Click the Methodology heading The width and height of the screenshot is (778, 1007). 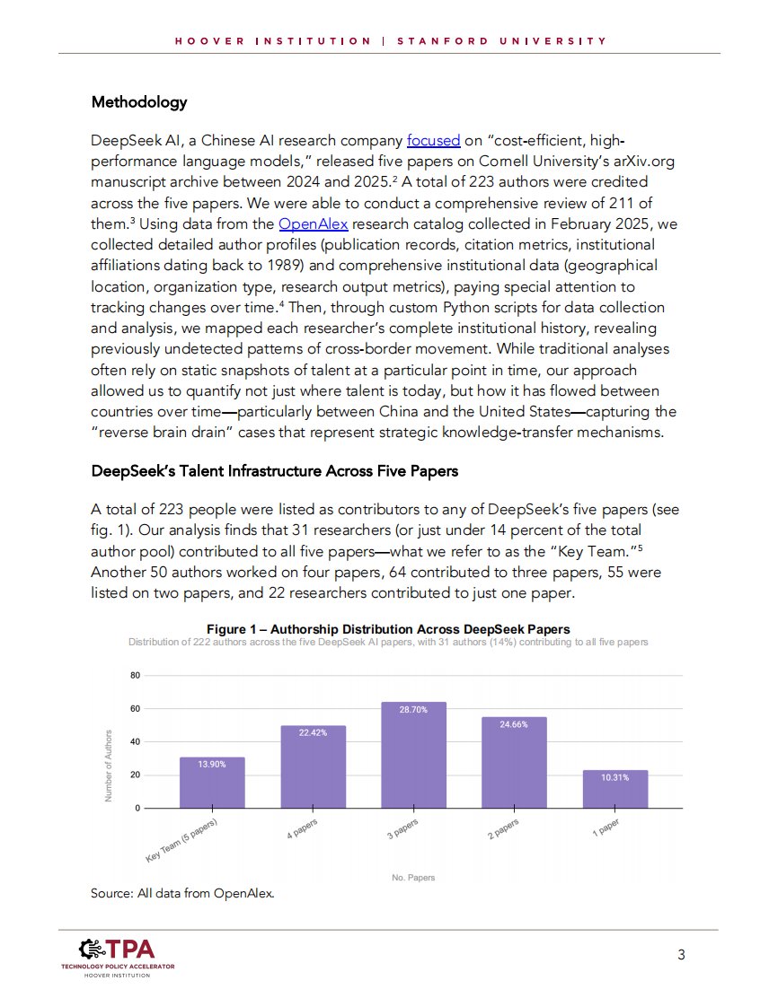point(139,102)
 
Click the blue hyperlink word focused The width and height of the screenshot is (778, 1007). point(433,141)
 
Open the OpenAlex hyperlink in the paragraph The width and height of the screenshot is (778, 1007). point(314,223)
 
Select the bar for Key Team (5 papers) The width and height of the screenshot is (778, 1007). point(212,783)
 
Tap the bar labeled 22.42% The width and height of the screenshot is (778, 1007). point(314,767)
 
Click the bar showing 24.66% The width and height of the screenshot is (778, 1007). point(515,763)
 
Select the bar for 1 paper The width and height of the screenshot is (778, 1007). point(615,789)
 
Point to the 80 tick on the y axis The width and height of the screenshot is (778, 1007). point(135,676)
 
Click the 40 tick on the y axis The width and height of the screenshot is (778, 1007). point(135,742)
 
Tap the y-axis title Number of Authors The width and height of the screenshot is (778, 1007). point(109,765)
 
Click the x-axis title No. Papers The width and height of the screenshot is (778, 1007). point(413,877)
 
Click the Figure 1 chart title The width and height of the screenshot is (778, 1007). point(388,628)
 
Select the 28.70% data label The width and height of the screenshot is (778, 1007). point(414,709)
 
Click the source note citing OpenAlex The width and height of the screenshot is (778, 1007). point(181,893)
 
